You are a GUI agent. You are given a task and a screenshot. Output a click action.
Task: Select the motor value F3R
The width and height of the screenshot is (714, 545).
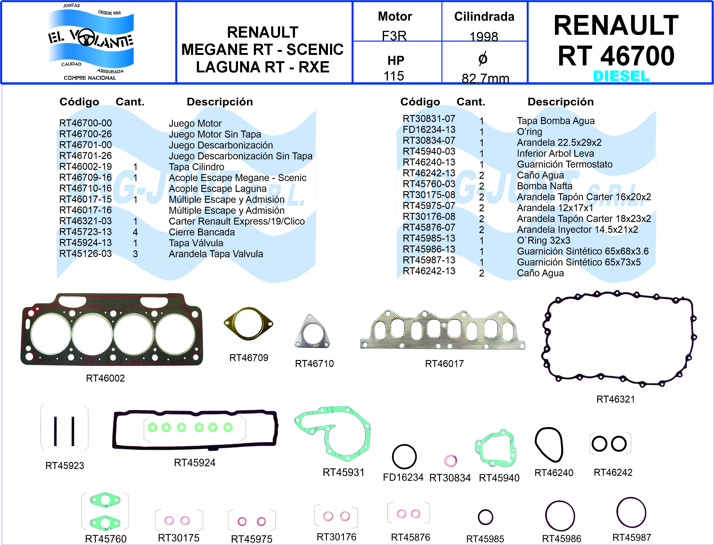394,36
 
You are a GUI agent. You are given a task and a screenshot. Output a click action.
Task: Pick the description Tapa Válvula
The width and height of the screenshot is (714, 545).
196,243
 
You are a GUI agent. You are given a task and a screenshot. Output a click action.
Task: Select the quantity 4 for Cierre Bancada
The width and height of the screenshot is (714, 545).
135,232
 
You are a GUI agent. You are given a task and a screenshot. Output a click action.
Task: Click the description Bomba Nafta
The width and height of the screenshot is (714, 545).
544,186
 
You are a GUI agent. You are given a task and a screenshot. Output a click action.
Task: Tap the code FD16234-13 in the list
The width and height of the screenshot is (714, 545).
429,129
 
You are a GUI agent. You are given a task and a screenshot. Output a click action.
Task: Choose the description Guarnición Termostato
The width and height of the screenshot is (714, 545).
565,164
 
